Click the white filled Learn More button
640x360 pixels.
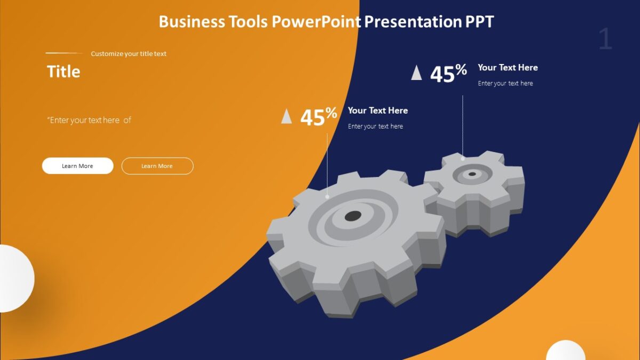(77, 166)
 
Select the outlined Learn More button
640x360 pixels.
(157, 166)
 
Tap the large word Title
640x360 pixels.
(63, 71)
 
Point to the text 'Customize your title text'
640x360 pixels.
(129, 54)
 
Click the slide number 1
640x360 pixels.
(605, 39)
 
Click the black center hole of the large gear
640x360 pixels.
(353, 216)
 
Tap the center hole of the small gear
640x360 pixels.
(472, 174)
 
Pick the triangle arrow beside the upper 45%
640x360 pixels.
(417, 73)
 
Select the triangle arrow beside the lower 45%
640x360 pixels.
(286, 116)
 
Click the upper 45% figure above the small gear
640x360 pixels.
(448, 74)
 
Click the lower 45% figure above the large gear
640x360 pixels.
(318, 117)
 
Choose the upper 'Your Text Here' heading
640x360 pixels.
(508, 68)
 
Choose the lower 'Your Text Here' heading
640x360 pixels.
(378, 110)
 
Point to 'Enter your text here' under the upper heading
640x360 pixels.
(505, 83)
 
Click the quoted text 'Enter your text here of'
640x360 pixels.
(89, 121)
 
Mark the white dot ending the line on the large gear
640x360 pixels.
(327, 197)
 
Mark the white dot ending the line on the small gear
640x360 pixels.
(463, 158)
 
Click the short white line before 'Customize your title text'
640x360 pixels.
(64, 53)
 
